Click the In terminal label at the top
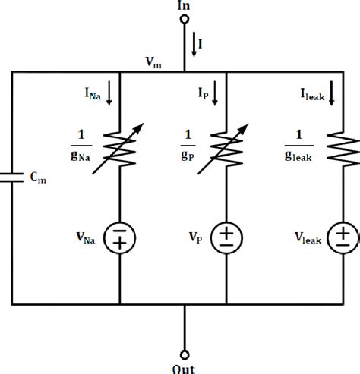183,6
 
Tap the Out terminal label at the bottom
183,369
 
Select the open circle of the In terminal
183,20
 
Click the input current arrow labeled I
193,43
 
